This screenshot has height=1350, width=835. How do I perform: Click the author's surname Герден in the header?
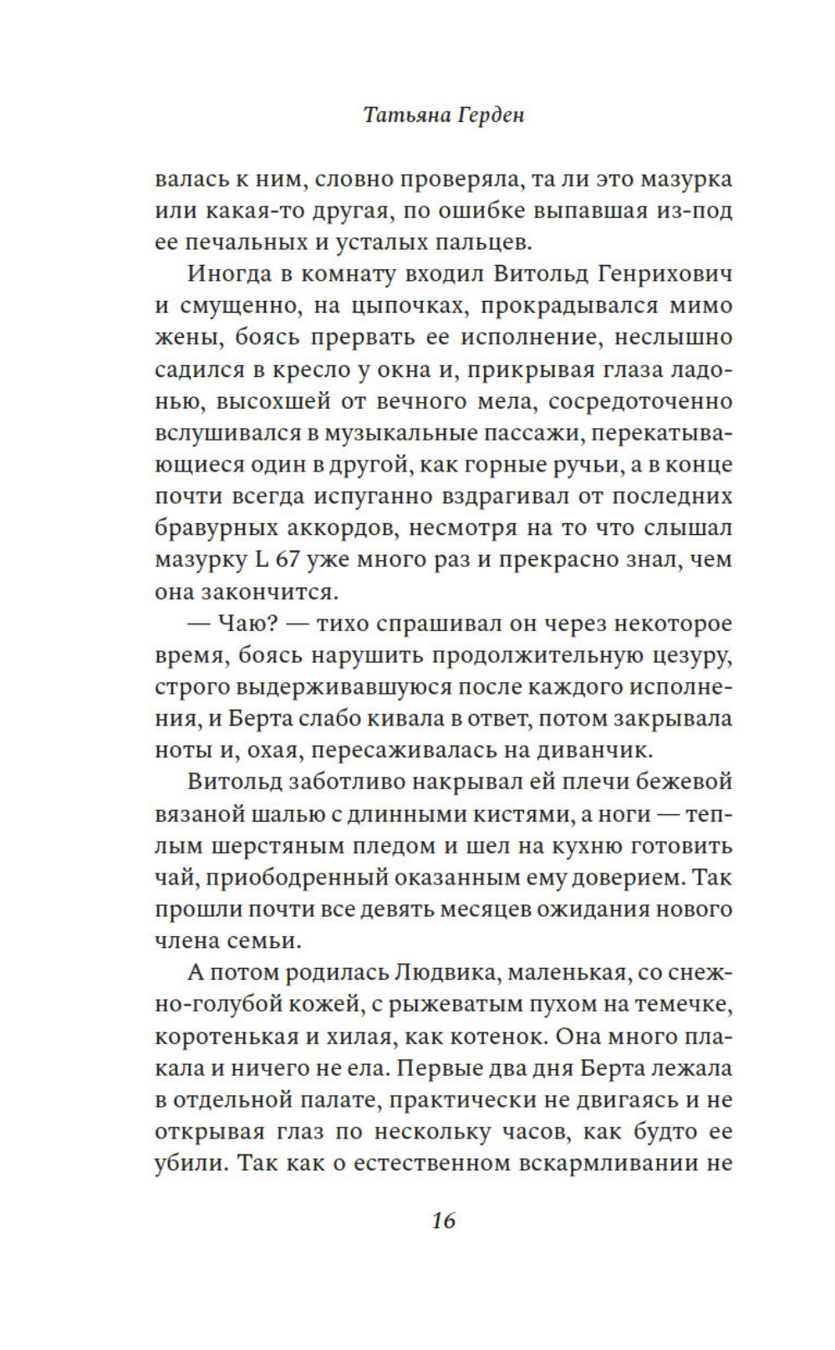click(488, 115)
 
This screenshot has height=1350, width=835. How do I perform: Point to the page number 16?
click(444, 1220)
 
